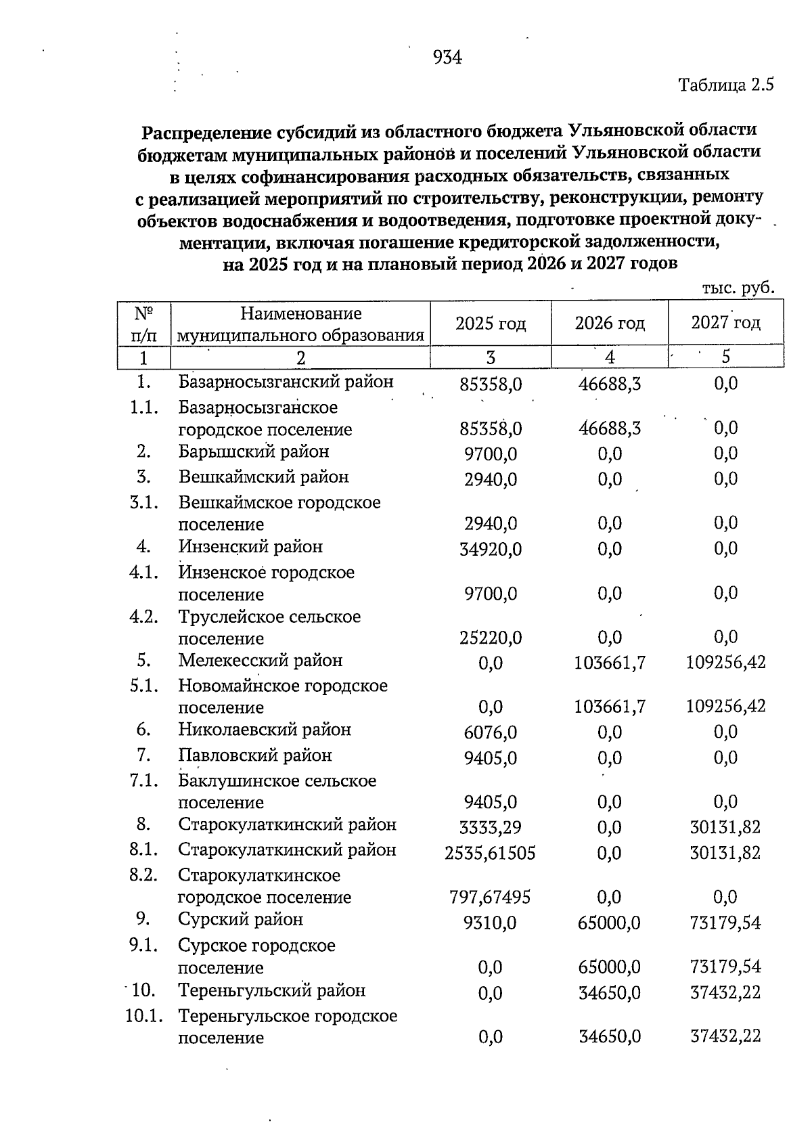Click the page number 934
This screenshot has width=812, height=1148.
click(x=447, y=58)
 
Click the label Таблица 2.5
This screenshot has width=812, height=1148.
click(x=725, y=85)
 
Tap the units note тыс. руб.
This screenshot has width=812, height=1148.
click(x=738, y=288)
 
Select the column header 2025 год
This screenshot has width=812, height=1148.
click(x=491, y=324)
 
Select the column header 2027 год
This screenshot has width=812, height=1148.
click(x=725, y=323)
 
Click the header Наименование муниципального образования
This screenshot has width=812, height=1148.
click(x=300, y=324)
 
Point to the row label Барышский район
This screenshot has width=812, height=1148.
click(x=254, y=451)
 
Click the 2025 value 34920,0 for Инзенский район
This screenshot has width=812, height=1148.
click(x=491, y=549)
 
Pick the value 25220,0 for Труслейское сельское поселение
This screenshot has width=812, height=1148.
click(x=491, y=638)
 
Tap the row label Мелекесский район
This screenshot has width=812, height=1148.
click(x=261, y=661)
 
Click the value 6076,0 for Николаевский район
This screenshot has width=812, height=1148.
click(x=491, y=732)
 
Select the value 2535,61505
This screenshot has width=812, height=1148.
click(x=490, y=853)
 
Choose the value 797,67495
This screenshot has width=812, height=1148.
click(x=490, y=898)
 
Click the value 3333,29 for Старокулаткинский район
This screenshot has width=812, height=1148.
click(x=491, y=827)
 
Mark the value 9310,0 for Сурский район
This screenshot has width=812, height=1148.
click(x=491, y=923)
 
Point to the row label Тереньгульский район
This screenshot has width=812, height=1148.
click(x=272, y=991)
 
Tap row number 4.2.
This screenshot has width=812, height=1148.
click(x=143, y=617)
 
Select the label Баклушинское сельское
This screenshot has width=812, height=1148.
click(x=277, y=781)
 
